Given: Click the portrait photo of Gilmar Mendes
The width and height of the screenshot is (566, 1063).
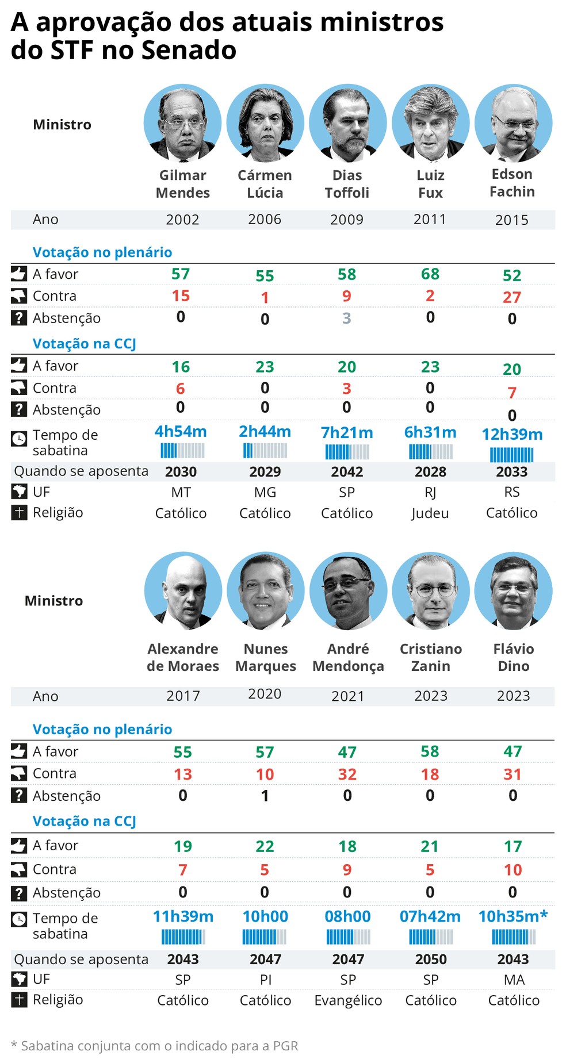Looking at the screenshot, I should (182, 123).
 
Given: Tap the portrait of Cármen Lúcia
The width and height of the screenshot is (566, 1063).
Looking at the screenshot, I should (265, 123).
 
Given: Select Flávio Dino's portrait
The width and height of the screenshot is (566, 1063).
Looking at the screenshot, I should (513, 591).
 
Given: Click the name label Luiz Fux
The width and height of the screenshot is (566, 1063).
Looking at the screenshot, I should (430, 184).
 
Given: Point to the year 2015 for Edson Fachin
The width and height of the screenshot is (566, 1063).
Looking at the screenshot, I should (511, 220).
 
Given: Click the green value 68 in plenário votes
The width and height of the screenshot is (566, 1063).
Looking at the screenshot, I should (430, 274).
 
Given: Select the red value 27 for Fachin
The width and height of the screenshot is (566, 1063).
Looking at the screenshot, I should (511, 297).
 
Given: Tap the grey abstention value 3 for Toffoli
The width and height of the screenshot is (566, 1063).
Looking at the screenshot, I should (346, 318).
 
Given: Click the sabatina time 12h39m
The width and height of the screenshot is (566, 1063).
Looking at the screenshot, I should (511, 435).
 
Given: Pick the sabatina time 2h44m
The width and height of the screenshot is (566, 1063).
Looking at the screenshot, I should (265, 432).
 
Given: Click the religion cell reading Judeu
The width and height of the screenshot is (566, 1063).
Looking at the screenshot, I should (430, 513).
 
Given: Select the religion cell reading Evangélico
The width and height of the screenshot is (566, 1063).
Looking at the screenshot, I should (348, 1000).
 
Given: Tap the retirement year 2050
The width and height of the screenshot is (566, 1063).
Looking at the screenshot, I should (430, 959).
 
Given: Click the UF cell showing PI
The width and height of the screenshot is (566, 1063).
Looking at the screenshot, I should (265, 980).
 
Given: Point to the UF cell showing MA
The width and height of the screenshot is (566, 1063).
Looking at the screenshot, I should (514, 980).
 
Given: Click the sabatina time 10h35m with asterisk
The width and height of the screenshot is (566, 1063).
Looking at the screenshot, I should (513, 916).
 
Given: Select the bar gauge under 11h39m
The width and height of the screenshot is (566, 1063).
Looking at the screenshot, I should (183, 937).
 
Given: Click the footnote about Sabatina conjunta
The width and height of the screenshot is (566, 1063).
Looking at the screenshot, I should (154, 1046).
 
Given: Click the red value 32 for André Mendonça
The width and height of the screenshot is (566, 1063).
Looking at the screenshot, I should (347, 774).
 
